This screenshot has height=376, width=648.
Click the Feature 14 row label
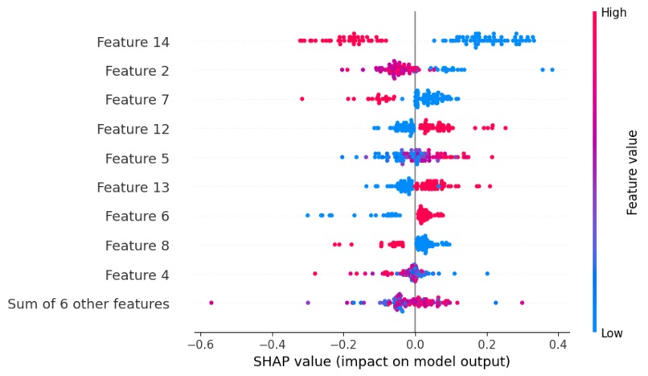(x=133, y=41)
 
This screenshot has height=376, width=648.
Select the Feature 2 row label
(x=137, y=71)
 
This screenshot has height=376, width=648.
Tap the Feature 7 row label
(x=137, y=100)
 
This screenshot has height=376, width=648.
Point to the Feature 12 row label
(x=133, y=129)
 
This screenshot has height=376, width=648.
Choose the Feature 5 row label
(x=137, y=158)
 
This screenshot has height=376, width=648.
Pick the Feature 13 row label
(x=133, y=188)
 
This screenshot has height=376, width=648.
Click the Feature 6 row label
(x=137, y=217)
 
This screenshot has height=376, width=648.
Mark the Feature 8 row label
(x=137, y=246)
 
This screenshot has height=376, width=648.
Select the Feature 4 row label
(x=137, y=275)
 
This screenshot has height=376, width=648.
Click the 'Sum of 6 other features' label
(x=88, y=304)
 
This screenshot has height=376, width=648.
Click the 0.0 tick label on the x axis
(x=415, y=345)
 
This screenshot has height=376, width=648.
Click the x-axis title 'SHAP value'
(x=382, y=362)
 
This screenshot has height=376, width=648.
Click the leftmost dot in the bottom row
(x=211, y=303)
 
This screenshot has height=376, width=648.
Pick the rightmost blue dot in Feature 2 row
(x=552, y=69)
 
